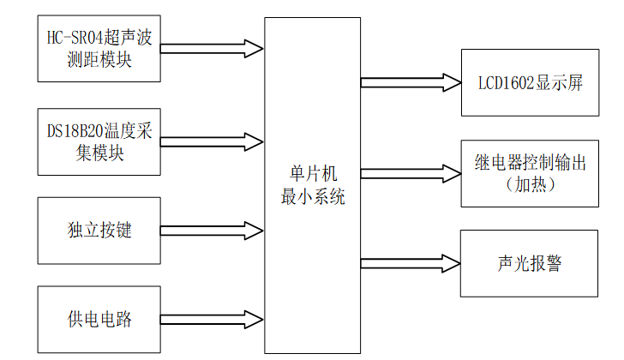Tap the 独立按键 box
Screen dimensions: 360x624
[99, 230]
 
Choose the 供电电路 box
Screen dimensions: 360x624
[99, 319]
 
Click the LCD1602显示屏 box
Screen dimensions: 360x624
[528, 83]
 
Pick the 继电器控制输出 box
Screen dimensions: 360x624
[528, 173]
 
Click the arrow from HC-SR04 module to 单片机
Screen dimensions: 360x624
[213, 48]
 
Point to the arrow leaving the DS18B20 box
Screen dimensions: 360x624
[213, 141]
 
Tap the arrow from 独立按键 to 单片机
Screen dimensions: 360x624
[213, 230]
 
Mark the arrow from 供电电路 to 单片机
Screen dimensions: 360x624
[213, 319]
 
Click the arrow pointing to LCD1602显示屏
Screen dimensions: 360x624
[411, 83]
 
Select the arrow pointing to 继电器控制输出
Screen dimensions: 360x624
[411, 173]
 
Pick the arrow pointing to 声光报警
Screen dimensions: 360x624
[411, 261]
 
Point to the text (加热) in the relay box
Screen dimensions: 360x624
[531, 185]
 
